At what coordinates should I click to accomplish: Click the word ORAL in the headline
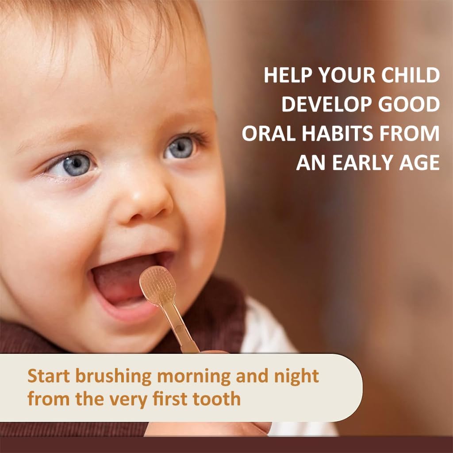(266, 134)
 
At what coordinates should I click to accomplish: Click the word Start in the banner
(49, 376)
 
